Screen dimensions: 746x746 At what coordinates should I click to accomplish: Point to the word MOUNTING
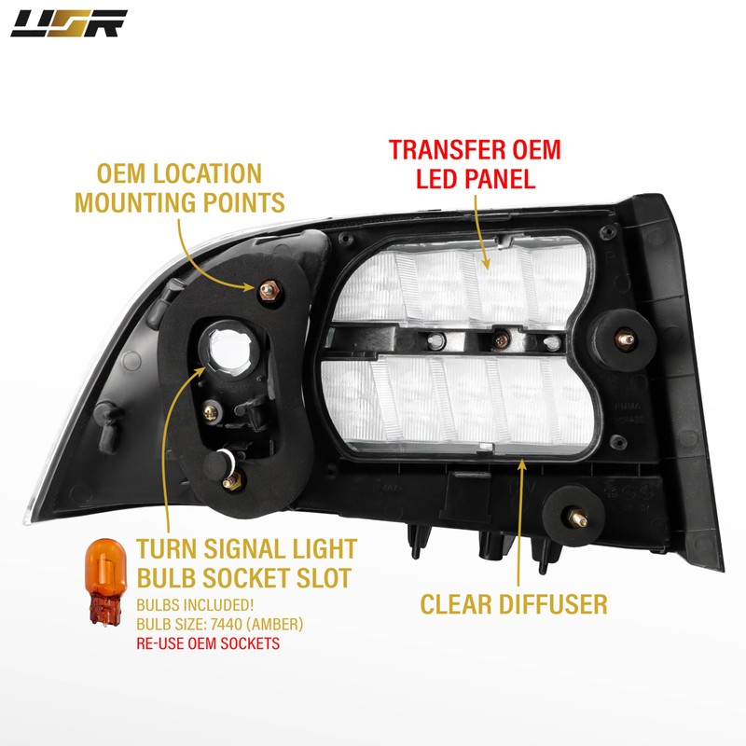coord(153,201)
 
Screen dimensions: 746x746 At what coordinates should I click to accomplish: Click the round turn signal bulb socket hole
coord(226,346)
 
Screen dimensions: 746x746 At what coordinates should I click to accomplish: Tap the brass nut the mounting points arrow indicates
coord(266,292)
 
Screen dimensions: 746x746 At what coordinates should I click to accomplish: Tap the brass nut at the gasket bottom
coord(231,481)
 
